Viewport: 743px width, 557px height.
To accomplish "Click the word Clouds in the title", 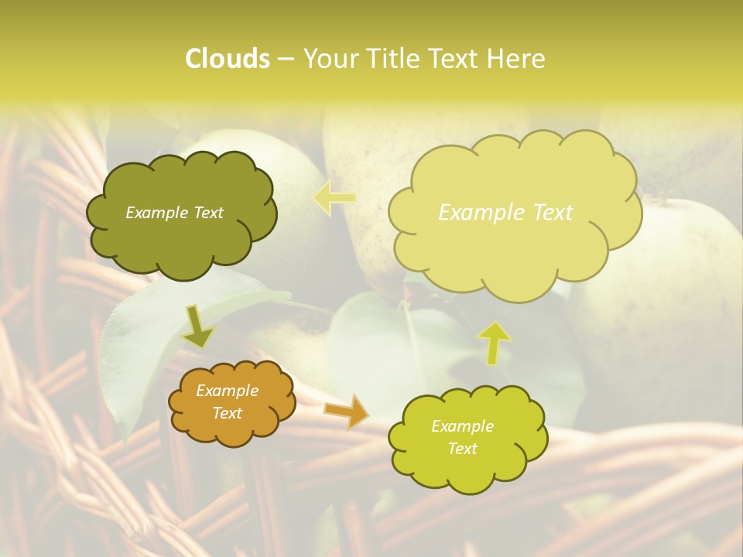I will [x=228, y=59].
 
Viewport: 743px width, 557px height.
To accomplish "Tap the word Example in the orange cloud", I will [x=227, y=391].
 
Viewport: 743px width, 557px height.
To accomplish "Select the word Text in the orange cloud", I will [x=227, y=413].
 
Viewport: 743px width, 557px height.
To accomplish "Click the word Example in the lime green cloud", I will [x=462, y=426].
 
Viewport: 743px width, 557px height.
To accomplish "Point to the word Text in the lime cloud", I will [x=462, y=449].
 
